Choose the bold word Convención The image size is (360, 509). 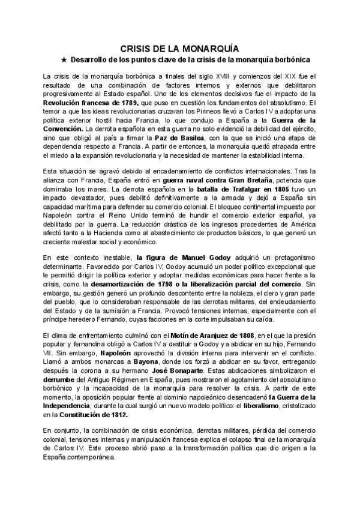pos(64,129)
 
